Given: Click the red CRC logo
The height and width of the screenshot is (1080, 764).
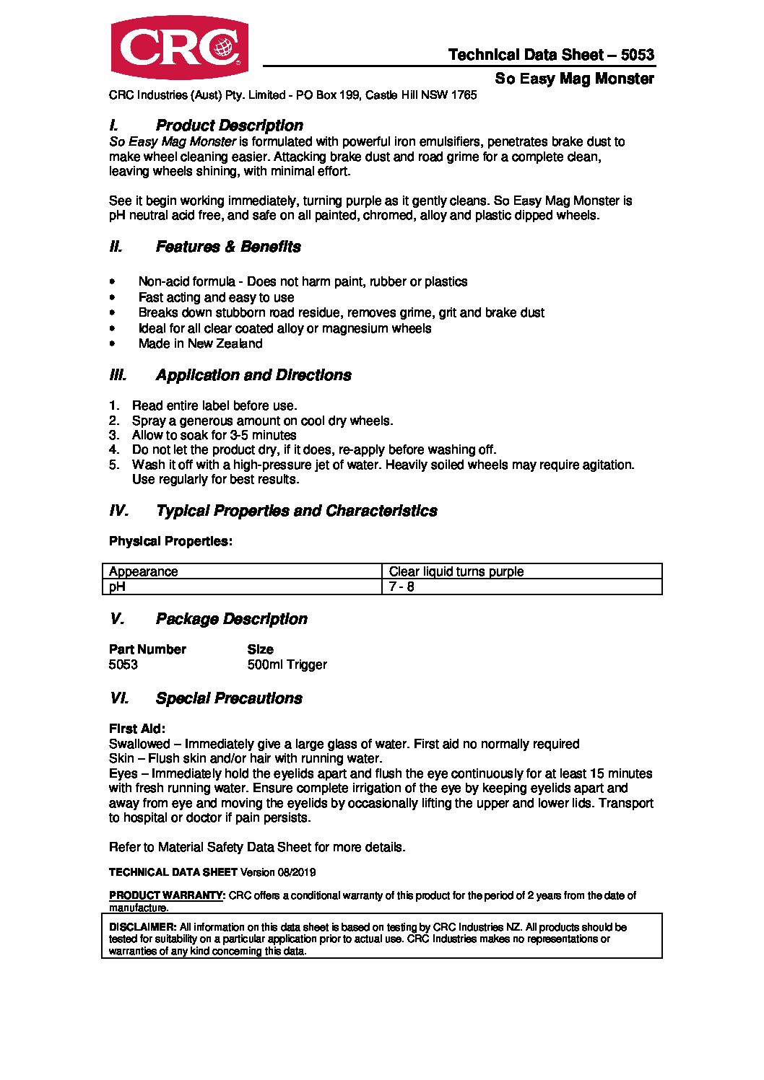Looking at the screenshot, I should (x=179, y=48).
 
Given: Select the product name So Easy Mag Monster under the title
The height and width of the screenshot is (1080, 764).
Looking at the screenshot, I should (x=574, y=79).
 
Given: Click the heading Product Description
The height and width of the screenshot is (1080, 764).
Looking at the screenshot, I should (x=229, y=126).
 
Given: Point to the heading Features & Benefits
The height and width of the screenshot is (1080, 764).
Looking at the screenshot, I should (x=228, y=247).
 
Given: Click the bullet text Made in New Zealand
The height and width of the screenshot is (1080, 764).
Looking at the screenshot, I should (x=200, y=343).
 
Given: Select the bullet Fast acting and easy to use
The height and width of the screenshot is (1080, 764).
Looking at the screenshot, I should (x=216, y=297).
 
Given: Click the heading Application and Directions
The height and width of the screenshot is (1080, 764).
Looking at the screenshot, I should (x=253, y=375).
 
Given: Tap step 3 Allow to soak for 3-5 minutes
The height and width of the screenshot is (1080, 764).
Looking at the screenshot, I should (x=214, y=435).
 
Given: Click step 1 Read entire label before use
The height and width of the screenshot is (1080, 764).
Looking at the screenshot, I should (x=214, y=405).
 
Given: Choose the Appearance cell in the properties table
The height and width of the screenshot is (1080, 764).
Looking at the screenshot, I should (x=143, y=571).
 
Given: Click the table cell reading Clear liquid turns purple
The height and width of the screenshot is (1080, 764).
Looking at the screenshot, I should (x=456, y=571).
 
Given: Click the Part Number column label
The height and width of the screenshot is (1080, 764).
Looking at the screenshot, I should (x=147, y=649).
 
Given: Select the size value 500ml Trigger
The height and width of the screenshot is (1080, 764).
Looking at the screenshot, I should (x=287, y=664).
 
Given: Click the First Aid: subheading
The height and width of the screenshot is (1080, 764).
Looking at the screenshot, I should (x=137, y=729).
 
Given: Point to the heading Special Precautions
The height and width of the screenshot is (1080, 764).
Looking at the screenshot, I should (x=229, y=698).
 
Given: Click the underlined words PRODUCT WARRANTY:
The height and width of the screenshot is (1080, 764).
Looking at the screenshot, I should (x=167, y=895).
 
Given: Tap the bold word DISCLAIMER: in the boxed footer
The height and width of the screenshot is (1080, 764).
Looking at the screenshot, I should (x=142, y=927).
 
